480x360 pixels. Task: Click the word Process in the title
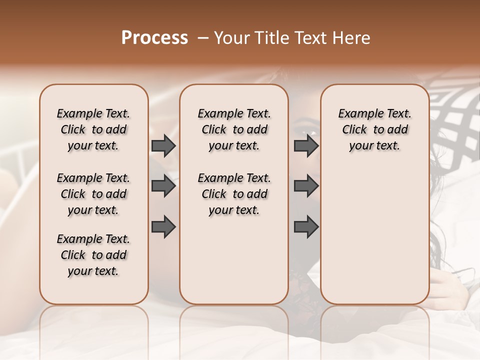click(154, 37)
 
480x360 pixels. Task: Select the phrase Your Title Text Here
click(292, 37)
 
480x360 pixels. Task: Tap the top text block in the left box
click(93, 129)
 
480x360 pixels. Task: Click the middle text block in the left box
click(93, 194)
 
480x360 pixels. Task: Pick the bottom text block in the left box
click(93, 255)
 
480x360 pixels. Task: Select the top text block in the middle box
click(234, 129)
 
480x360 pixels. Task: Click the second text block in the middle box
click(234, 194)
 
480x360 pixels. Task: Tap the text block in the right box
click(374, 129)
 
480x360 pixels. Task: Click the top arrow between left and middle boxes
click(163, 146)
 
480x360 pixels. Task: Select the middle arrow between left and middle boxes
click(163, 186)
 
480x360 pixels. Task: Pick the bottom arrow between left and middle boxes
click(163, 227)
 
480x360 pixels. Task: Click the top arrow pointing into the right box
click(306, 146)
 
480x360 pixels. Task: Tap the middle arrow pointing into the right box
click(306, 186)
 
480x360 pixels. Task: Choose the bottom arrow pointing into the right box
click(306, 227)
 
